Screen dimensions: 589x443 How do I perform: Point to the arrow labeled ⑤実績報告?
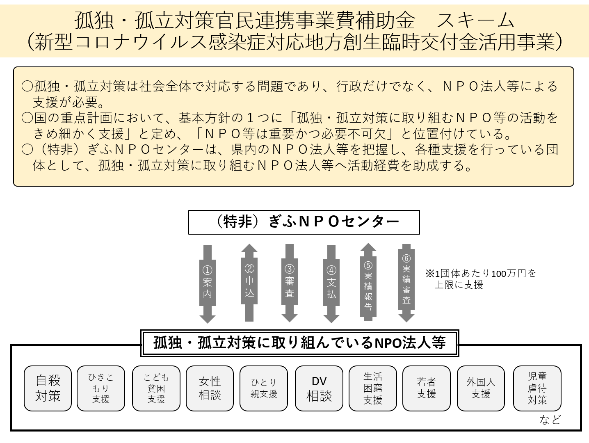[x=368, y=282]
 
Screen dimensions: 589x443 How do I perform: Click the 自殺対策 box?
[x=48, y=388]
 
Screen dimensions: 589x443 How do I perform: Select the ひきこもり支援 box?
[x=101, y=388]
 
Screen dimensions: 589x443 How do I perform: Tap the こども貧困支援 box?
[x=156, y=388]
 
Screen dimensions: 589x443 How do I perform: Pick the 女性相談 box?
[x=210, y=388]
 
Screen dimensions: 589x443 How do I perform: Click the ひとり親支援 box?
[x=264, y=388]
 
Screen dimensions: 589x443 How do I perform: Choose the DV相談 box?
[x=319, y=388]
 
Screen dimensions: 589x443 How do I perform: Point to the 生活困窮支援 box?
[x=373, y=388]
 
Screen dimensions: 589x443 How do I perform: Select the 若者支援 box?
[x=427, y=388]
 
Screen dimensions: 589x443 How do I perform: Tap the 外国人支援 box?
[x=481, y=388]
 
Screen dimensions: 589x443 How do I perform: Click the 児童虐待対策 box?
[x=537, y=388]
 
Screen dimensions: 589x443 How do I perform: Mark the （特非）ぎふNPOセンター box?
[x=304, y=222]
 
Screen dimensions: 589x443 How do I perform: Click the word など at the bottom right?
[x=550, y=420]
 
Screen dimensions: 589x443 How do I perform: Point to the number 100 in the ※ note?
[x=499, y=274]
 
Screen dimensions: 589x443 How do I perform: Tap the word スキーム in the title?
[x=475, y=21]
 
